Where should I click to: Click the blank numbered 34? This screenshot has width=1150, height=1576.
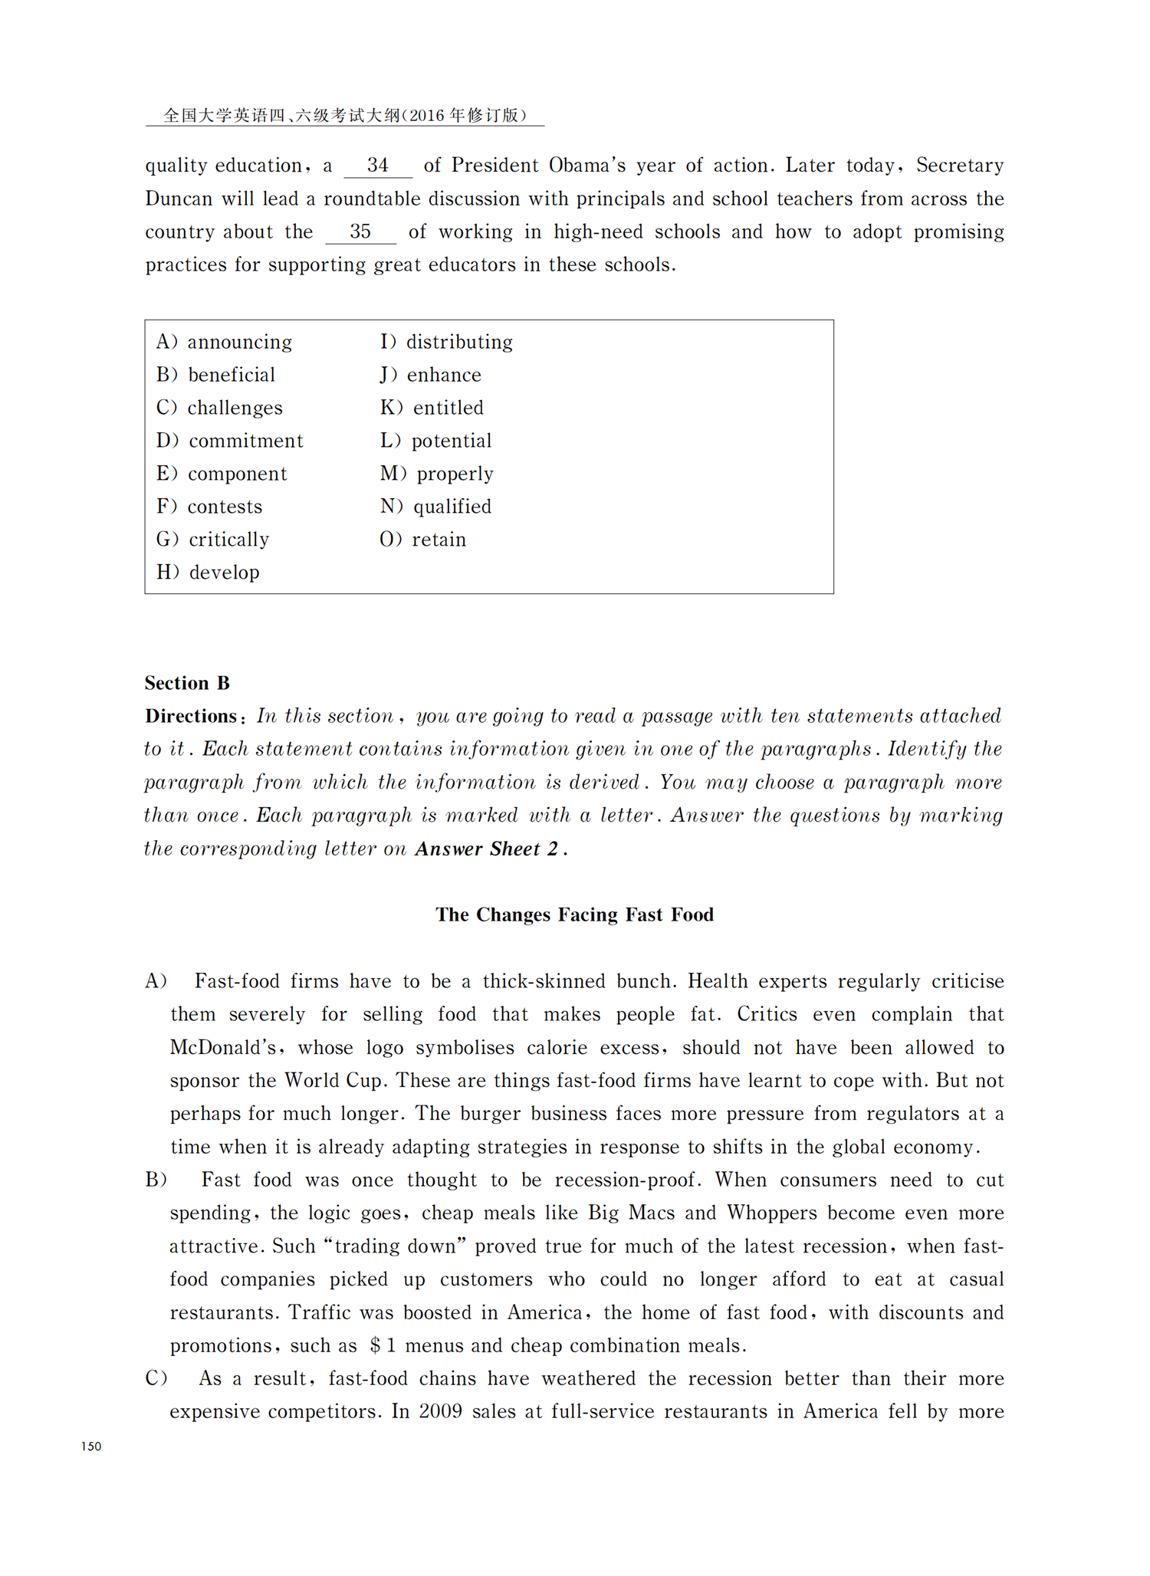(x=378, y=166)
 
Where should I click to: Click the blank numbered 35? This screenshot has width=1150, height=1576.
(x=360, y=232)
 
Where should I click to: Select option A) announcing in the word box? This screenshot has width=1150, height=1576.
(x=224, y=342)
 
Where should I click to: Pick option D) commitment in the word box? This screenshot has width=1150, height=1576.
(x=230, y=441)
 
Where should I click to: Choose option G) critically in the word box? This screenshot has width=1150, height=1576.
(x=213, y=540)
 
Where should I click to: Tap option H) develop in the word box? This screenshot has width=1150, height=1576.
(x=208, y=573)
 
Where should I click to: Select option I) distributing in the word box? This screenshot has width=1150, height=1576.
(x=446, y=342)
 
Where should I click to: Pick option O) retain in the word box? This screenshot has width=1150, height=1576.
(x=422, y=540)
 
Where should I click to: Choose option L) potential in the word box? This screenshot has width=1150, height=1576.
(x=435, y=441)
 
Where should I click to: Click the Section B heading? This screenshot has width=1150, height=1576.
(x=187, y=683)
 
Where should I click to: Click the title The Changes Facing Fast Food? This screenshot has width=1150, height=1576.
(x=574, y=914)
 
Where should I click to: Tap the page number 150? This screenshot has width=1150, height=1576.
(x=91, y=1446)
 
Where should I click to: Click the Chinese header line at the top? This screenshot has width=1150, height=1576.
(x=345, y=116)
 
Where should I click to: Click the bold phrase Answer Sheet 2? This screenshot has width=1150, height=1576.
(x=486, y=849)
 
